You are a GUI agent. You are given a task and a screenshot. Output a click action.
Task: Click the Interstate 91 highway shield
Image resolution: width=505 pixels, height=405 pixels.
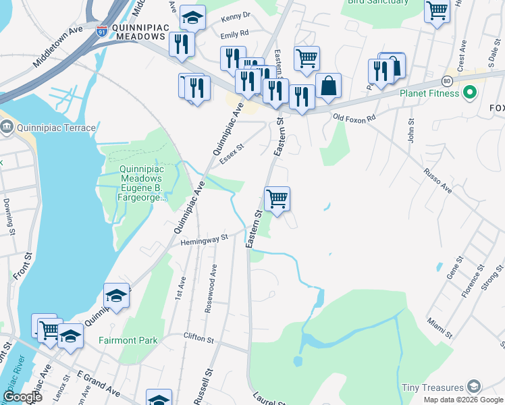coord(101,32)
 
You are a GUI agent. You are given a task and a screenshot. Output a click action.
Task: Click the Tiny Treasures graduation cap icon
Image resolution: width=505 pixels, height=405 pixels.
coord(475,387)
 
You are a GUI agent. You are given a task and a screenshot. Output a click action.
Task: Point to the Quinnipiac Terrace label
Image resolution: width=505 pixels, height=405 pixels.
coord(42,126)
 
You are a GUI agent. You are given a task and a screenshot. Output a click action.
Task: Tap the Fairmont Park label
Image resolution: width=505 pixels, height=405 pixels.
coord(128,340)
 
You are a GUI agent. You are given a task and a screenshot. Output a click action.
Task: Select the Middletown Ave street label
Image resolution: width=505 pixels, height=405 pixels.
coord(57,48)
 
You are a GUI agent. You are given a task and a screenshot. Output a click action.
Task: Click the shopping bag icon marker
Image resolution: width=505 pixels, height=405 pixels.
coord(328,86)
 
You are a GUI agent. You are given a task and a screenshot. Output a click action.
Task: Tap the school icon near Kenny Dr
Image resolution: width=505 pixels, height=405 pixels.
coord(193,18)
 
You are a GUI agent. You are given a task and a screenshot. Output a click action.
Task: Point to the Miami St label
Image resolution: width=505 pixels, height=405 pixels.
coord(440,326)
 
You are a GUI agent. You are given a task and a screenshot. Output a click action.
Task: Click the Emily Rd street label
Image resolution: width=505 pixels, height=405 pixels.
coord(234,32)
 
